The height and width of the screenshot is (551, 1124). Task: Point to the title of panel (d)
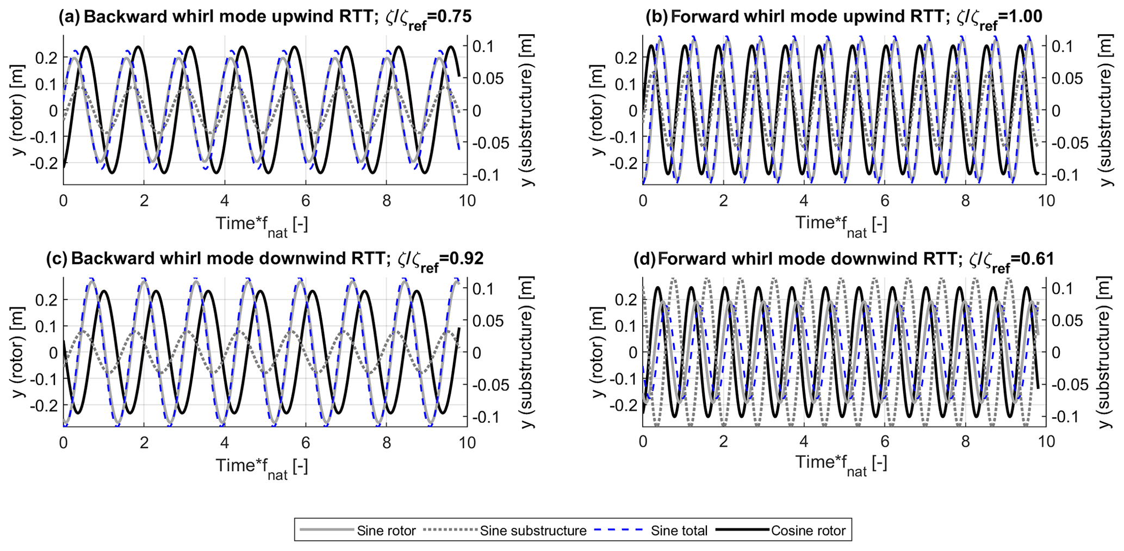point(844,259)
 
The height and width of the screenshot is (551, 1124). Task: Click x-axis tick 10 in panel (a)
point(467,201)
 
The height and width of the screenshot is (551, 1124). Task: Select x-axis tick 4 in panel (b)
point(804,201)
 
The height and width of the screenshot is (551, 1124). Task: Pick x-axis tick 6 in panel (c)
point(306,443)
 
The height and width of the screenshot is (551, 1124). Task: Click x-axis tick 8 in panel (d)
point(965,443)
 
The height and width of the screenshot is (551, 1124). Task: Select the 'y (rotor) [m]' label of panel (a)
point(20,110)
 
